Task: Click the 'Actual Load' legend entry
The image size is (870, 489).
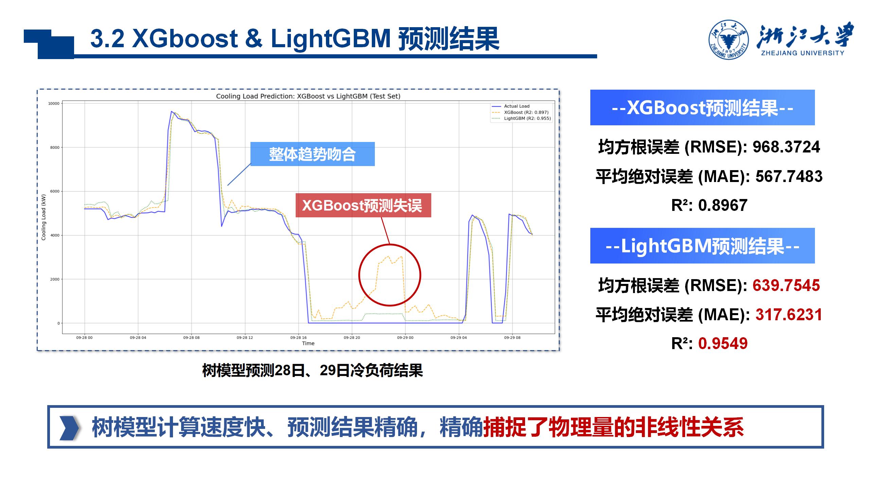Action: point(517,106)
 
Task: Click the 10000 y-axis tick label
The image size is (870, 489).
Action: point(54,104)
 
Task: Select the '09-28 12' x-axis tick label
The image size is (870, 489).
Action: point(245,338)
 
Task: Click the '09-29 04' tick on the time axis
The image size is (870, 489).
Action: point(459,338)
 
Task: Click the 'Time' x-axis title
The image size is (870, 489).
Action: point(308,343)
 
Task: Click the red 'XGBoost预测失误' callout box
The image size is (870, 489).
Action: point(363,205)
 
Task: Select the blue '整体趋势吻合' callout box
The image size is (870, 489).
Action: point(313,154)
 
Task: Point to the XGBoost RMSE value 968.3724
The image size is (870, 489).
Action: point(786,147)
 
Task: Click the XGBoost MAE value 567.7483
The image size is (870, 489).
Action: point(789,176)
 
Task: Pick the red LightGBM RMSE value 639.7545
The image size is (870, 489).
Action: point(786,285)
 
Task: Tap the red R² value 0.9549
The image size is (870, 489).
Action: point(723,343)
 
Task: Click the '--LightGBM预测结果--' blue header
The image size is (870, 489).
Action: point(702,246)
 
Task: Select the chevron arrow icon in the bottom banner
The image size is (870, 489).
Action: point(69,428)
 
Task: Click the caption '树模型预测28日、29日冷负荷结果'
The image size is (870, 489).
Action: point(313,370)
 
